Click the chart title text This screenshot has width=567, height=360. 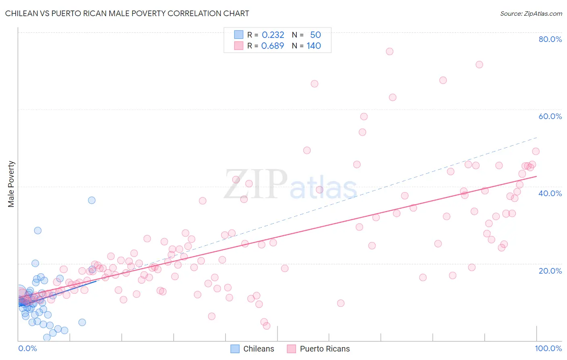tap(127, 13)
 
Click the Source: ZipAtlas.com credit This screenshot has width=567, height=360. tap(531, 13)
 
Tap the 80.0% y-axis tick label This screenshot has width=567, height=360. tap(550, 39)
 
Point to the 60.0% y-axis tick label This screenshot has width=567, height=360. tap(550, 116)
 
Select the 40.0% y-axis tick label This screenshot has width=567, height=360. tap(550, 193)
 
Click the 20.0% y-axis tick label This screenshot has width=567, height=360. tap(550, 270)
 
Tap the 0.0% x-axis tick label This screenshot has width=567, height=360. tap(27, 348)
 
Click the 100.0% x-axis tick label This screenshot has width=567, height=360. tap(548, 348)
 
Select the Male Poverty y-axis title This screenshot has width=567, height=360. tap(11, 184)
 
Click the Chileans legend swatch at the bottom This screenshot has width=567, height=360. tap(235, 349)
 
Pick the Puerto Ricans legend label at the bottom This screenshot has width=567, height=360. tap(325, 349)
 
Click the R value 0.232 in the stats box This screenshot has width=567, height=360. tap(273, 35)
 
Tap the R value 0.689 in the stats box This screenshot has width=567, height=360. tap(273, 46)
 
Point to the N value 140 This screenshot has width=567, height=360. tap(314, 46)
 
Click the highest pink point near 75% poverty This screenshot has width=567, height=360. tap(390, 51)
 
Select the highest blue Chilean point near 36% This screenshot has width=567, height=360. tap(92, 200)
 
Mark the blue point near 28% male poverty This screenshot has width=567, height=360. tap(38, 230)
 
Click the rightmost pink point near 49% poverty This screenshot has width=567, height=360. tap(536, 151)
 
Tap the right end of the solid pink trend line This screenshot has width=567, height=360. tap(536, 176)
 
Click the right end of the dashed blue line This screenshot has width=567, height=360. tap(536, 137)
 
